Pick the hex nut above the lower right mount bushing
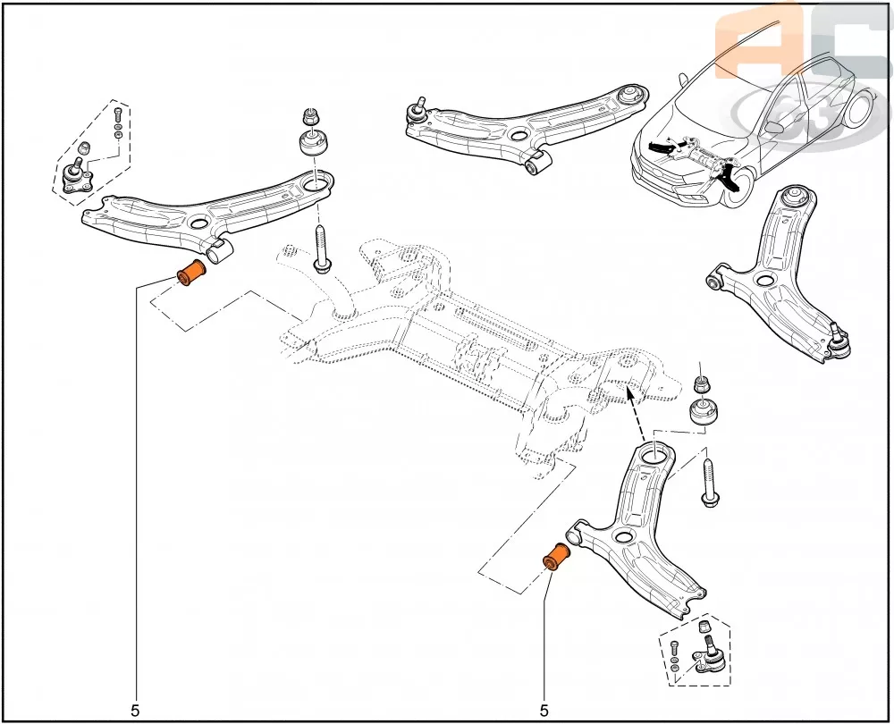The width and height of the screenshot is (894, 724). pyautogui.click(x=702, y=385)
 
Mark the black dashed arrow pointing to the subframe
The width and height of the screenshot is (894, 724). pyautogui.click(x=637, y=414)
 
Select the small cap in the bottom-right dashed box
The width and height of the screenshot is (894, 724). pyautogui.click(x=703, y=625)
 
